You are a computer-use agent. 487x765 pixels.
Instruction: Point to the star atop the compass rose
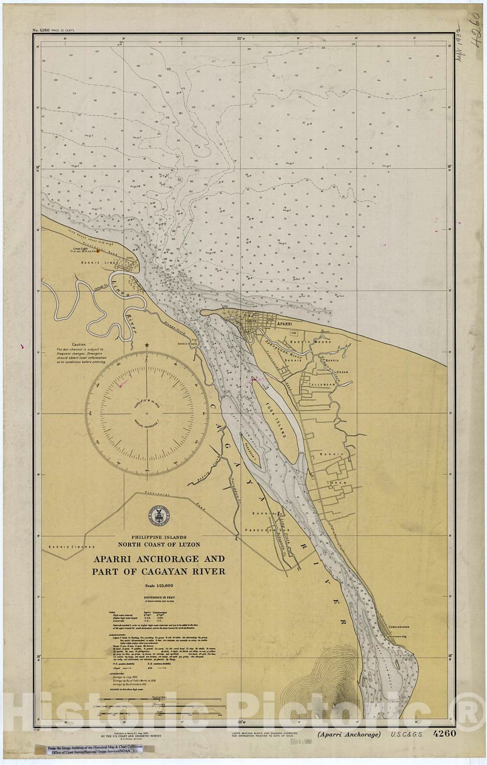[146, 345]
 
